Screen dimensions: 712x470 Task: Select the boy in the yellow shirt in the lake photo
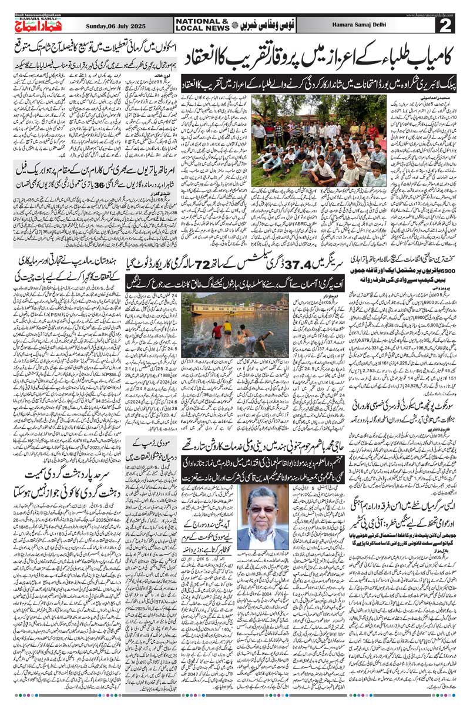227,327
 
